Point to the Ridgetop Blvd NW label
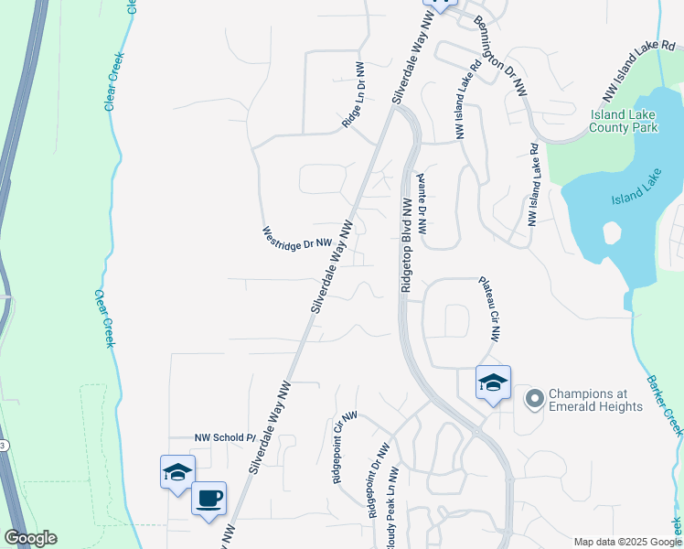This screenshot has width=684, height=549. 407,244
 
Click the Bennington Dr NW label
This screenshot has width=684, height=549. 502,55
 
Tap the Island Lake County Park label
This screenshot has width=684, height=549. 625,122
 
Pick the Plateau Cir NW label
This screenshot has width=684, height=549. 488,309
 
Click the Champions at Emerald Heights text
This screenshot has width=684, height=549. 596,400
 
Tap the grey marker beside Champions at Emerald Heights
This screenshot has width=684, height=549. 533,399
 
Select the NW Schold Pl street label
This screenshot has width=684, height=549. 224,438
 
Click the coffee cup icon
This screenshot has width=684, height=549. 209,499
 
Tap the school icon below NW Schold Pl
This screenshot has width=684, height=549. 176,471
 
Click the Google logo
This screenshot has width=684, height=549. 30,538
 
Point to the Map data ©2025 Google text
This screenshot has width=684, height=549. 626,542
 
